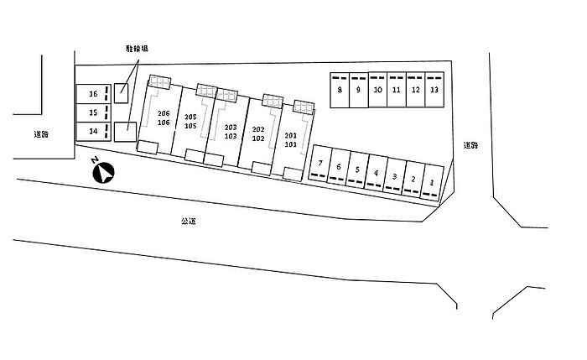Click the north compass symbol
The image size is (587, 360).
pyautogui.click(x=103, y=172)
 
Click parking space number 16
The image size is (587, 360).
pyautogui.click(x=93, y=94)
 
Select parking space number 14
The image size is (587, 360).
pyautogui.click(x=93, y=131)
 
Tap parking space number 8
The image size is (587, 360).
pyautogui.click(x=340, y=91)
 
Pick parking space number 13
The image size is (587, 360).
pyautogui.click(x=434, y=91)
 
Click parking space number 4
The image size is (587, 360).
pyautogui.click(x=376, y=174)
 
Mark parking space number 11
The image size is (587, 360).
pyautogui.click(x=396, y=91)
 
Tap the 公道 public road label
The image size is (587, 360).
pyautogui.click(x=188, y=221)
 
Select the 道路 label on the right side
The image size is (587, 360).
pyautogui.click(x=470, y=144)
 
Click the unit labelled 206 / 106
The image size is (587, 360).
pyautogui.click(x=164, y=118)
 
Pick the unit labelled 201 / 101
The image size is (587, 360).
pyautogui.click(x=291, y=139)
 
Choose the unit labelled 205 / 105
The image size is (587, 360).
pyautogui.click(x=190, y=122)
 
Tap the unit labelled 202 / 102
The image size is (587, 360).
pyautogui.click(x=258, y=134)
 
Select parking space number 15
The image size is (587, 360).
pyautogui.click(x=93, y=112)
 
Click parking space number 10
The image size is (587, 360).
pyautogui.click(x=377, y=91)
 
